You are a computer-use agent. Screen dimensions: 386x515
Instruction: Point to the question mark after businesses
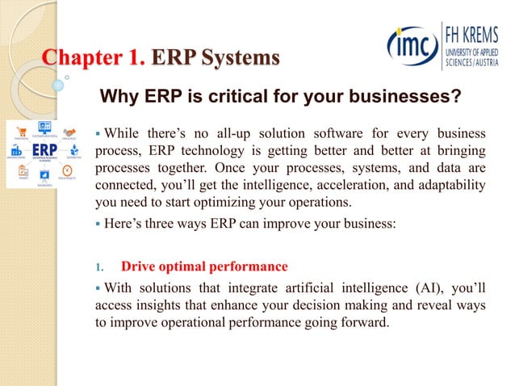click(457, 99)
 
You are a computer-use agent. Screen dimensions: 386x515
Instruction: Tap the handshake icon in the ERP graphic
click(69, 131)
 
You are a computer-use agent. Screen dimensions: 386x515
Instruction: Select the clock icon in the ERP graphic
click(68, 169)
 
